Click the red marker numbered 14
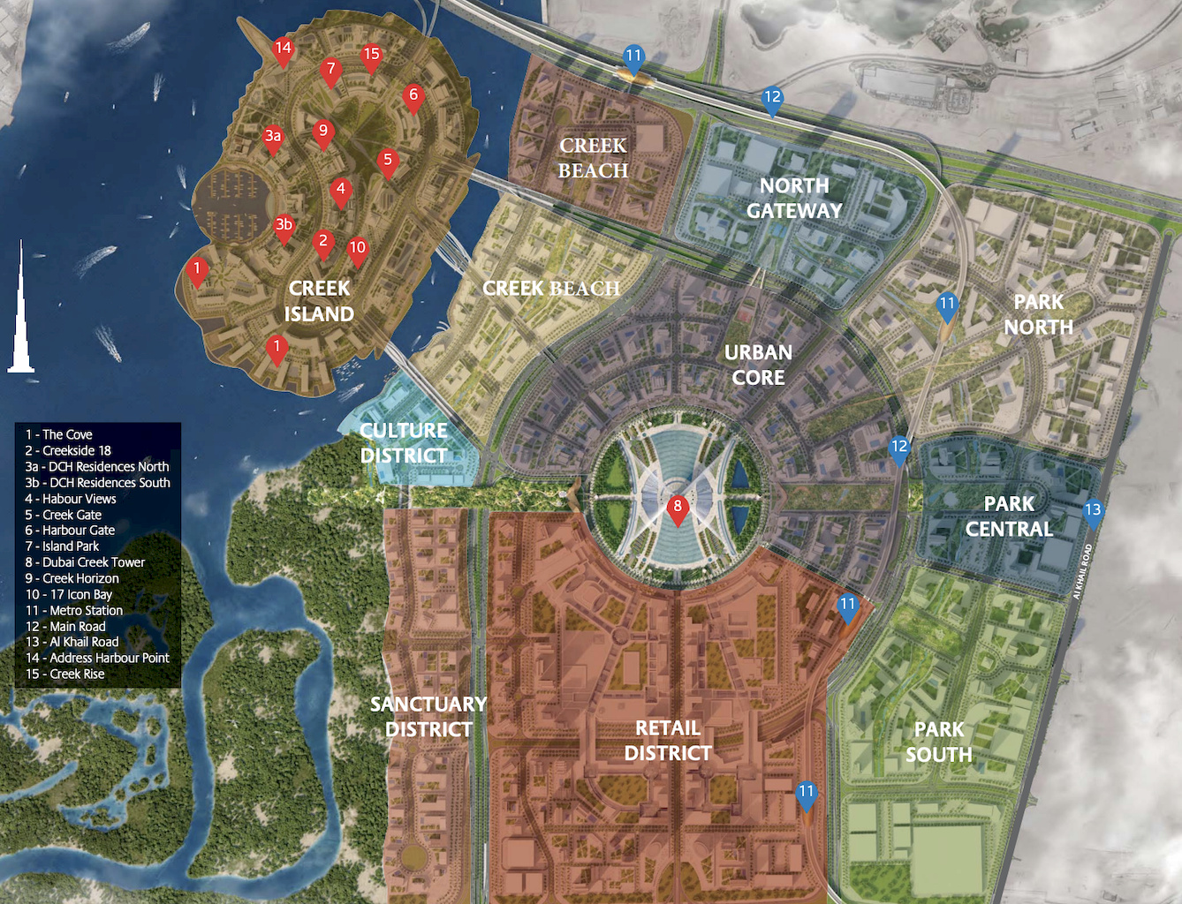click(x=283, y=49)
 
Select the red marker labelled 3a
click(x=273, y=137)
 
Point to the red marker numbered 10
click(x=357, y=249)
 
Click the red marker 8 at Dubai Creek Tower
click(x=678, y=508)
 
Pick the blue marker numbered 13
click(x=1093, y=511)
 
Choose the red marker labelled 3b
click(x=284, y=226)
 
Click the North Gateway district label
click(x=794, y=199)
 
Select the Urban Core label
click(x=758, y=365)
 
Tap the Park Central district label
click(x=1009, y=516)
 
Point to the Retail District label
click(x=668, y=741)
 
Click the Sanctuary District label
click(x=428, y=717)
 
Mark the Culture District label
click(x=404, y=443)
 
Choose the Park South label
click(x=938, y=742)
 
